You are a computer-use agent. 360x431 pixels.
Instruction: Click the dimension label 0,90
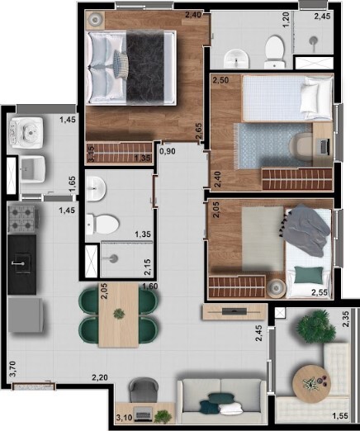(168, 152)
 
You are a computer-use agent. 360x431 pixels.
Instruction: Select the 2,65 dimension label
(198, 132)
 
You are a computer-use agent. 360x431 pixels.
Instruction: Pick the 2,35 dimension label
(348, 319)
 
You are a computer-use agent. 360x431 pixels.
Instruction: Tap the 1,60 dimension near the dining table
(150, 287)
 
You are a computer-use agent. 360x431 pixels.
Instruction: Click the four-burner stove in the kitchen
(21, 220)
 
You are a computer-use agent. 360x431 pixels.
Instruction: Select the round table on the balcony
(315, 381)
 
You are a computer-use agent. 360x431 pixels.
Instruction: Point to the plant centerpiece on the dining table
(119, 314)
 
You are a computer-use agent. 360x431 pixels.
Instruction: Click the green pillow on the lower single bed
(309, 273)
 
